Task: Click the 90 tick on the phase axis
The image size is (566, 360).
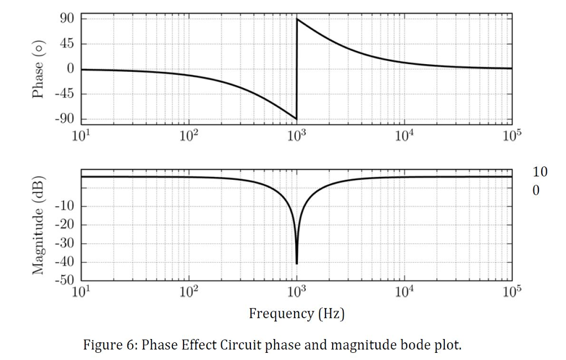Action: tap(67, 19)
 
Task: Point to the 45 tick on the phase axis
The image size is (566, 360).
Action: tap(67, 44)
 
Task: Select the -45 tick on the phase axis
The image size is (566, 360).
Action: tap(65, 94)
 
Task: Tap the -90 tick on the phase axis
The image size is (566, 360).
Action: tap(65, 119)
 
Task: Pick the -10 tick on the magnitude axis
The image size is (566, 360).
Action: tap(65, 207)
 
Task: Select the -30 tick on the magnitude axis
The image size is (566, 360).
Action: tap(65, 244)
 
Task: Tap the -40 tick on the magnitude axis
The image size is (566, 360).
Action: tap(65, 262)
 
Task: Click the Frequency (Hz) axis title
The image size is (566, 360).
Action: tap(297, 314)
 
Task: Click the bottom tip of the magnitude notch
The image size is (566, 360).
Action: tap(297, 263)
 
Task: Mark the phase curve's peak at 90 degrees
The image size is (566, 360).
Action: tap(297, 19)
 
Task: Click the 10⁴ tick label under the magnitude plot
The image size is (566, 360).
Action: tap(404, 293)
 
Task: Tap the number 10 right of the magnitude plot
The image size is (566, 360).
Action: tap(540, 172)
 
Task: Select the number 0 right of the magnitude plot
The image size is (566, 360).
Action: tap(536, 191)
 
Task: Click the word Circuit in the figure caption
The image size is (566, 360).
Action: tap(241, 346)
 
